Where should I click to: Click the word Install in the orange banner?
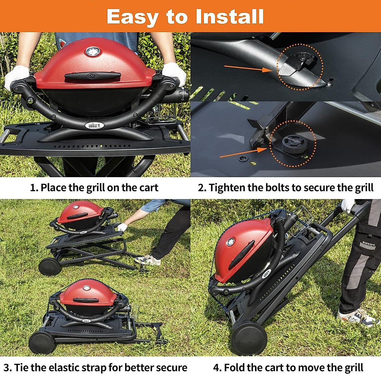point(230,17)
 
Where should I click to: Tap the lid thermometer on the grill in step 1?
point(93,52)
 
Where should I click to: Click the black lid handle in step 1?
point(93,76)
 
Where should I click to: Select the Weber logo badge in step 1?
point(95,126)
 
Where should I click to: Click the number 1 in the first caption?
point(33,188)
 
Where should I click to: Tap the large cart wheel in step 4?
point(249,338)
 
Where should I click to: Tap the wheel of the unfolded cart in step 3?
point(50,266)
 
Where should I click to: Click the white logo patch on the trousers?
point(368,245)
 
